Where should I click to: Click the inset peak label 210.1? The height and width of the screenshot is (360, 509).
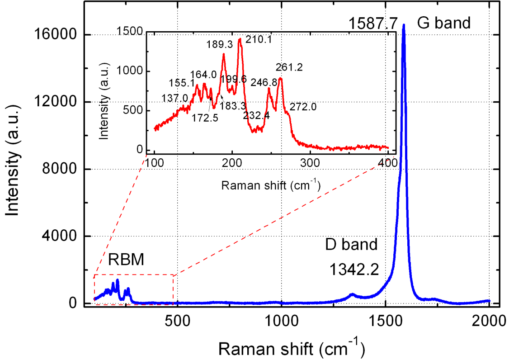[259, 39]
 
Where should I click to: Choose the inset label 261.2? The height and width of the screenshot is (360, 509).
[289, 67]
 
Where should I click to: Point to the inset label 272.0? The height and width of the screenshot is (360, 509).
[303, 108]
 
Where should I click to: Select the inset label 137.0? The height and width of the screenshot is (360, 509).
[174, 98]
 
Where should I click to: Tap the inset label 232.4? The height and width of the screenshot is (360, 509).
[256, 116]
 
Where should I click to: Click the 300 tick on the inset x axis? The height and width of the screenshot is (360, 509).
[310, 162]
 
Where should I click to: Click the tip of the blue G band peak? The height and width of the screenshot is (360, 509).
[404, 25]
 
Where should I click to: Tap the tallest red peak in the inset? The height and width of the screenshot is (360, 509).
[240, 39]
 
